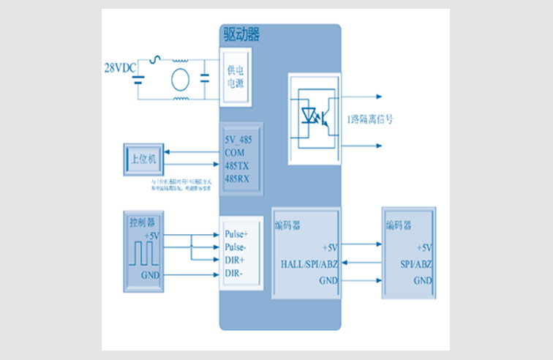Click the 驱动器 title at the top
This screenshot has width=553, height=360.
(241, 34)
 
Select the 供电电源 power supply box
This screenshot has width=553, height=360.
(236, 76)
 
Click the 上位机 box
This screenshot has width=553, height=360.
(143, 159)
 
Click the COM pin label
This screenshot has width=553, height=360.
(235, 153)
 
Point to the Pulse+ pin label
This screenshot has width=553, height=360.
(236, 235)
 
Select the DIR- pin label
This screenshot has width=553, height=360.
(233, 273)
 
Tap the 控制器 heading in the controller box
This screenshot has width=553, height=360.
(141, 222)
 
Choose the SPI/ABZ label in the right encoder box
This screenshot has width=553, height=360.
(416, 263)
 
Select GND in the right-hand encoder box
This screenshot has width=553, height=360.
(422, 280)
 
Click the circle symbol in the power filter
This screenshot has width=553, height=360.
(179, 80)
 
